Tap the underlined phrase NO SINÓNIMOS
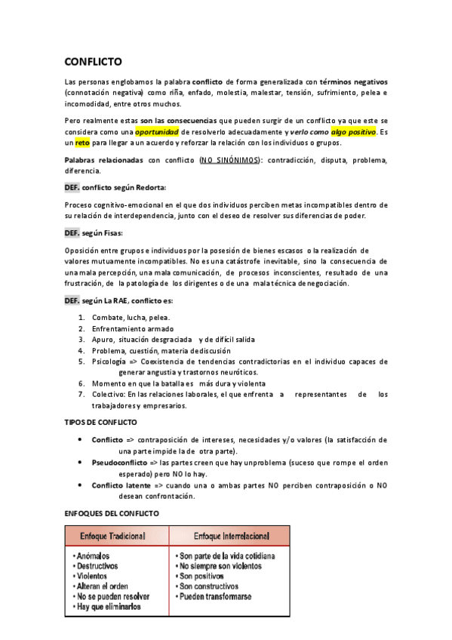[x=229, y=160]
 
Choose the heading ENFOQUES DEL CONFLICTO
[x=112, y=513]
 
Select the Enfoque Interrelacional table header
[x=229, y=536]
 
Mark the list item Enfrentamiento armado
[x=133, y=328]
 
